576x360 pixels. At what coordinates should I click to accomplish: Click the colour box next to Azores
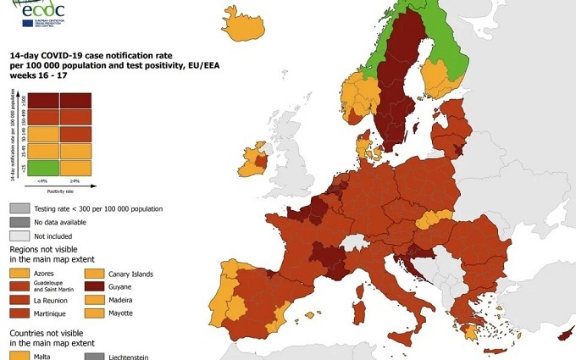tap(19, 274)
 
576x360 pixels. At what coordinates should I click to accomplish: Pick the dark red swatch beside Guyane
tap(95, 287)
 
